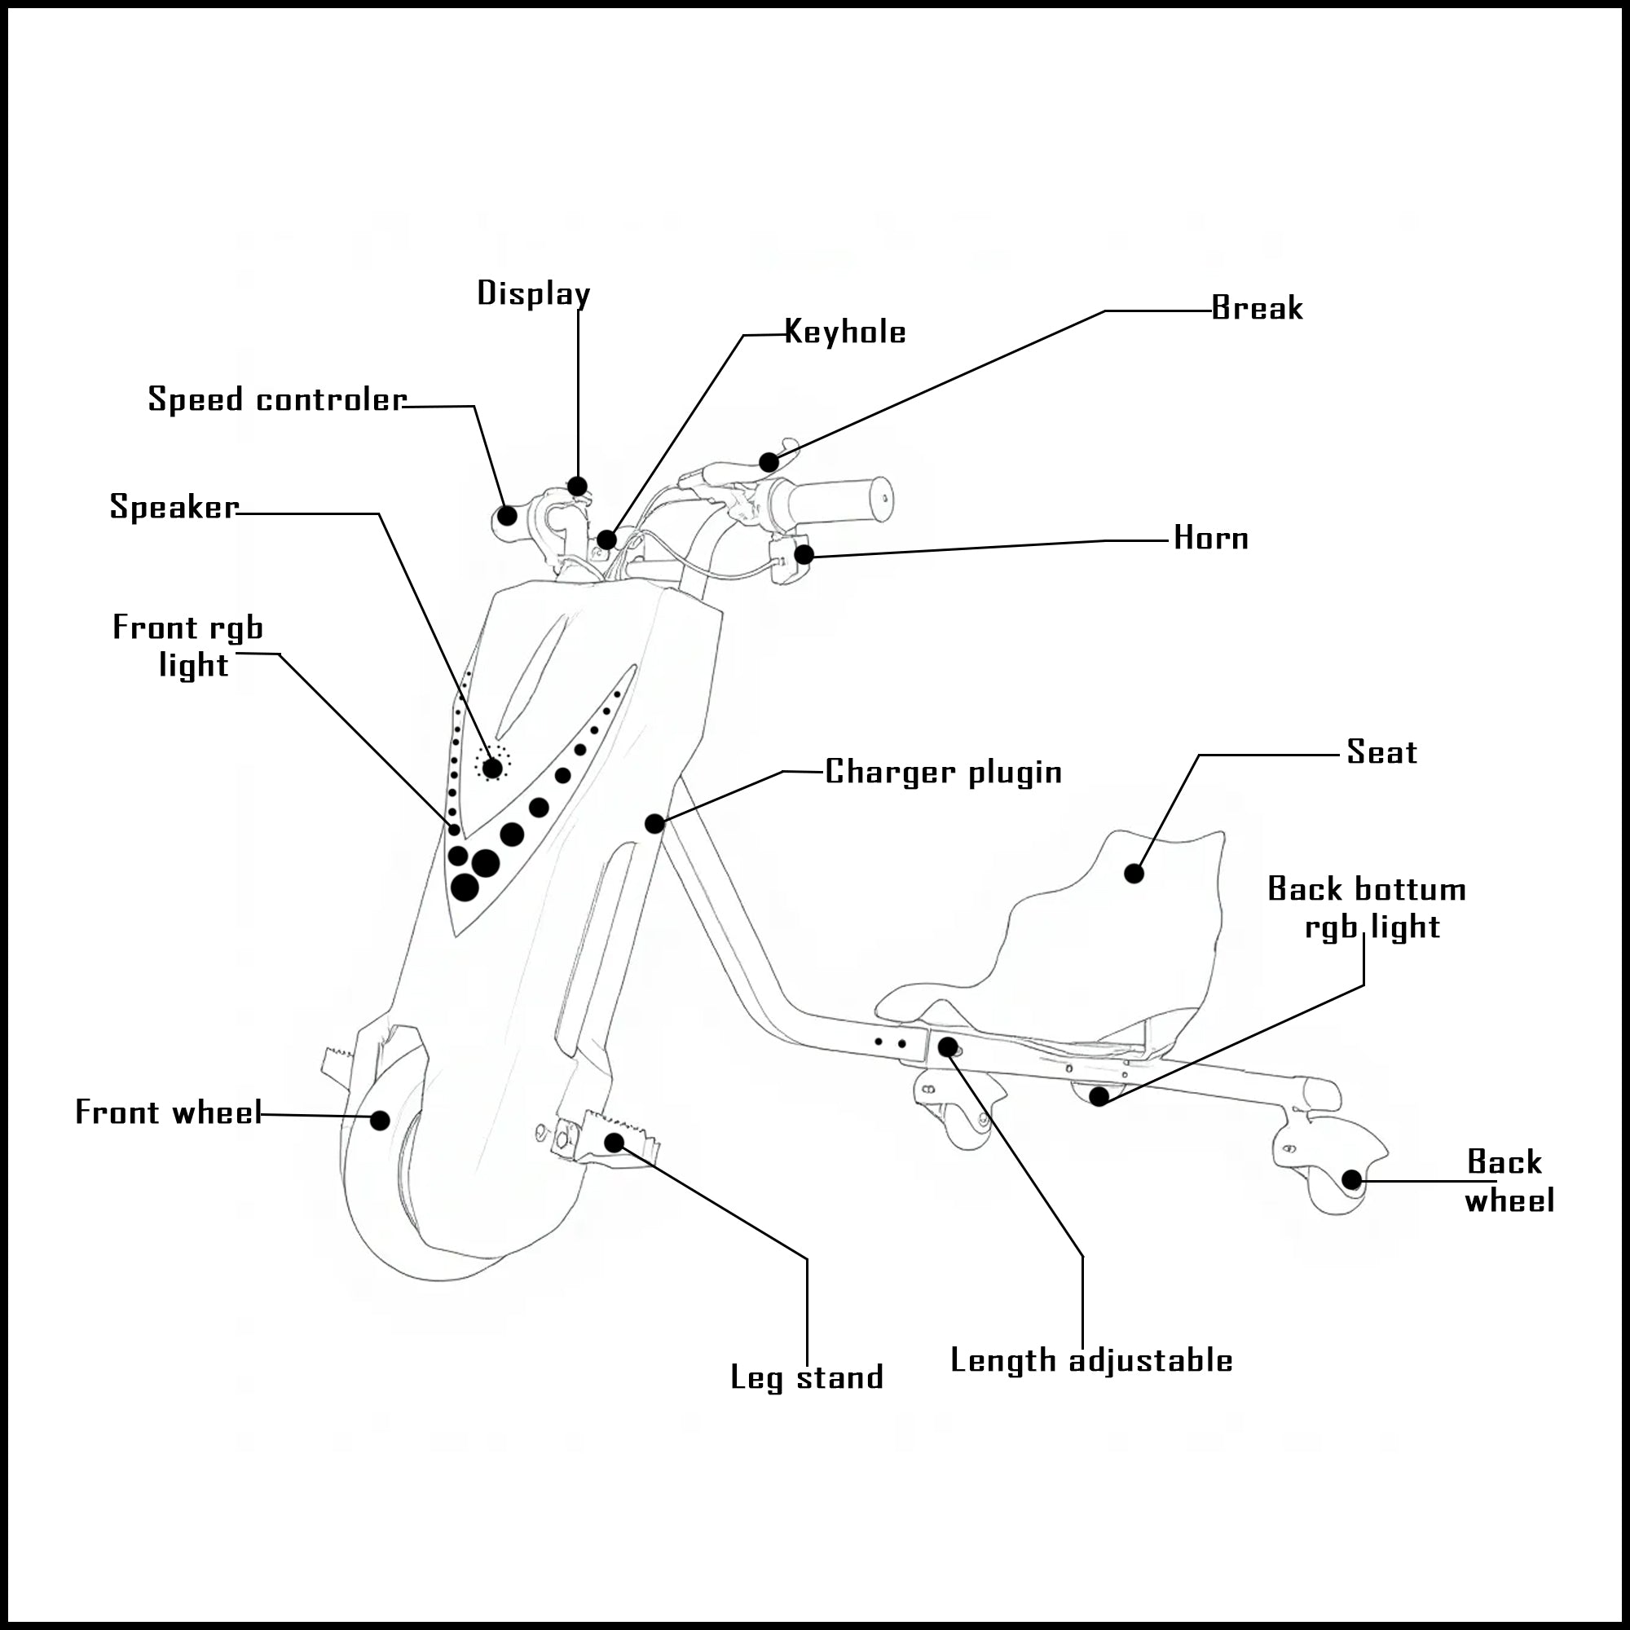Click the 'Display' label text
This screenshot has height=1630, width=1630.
pos(533,293)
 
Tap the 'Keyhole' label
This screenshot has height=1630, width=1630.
pos(844,332)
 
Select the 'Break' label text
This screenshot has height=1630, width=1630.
pos(1256,308)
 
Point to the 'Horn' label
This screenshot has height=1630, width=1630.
pos(1211,537)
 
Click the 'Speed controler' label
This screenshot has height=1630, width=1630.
pos(277,399)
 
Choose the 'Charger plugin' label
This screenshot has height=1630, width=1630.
pos(942,771)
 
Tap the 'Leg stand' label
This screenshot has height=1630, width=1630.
pos(807,1377)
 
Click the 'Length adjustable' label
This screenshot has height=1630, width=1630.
pos(1091,1360)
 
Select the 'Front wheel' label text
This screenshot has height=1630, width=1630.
pos(169,1112)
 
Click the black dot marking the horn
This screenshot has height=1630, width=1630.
pos(804,554)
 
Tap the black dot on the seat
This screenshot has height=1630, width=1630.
pos(1134,873)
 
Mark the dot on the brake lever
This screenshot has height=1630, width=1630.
pos(769,462)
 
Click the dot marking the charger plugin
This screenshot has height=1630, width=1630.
pos(654,823)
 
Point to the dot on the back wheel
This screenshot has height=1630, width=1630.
pos(1351,1178)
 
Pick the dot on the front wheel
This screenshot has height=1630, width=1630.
pos(381,1121)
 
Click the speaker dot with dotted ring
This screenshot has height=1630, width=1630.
pos(492,767)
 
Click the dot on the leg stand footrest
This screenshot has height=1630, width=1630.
pos(615,1143)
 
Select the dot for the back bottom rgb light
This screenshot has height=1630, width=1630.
pos(1099,1096)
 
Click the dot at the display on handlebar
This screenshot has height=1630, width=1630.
pos(577,487)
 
